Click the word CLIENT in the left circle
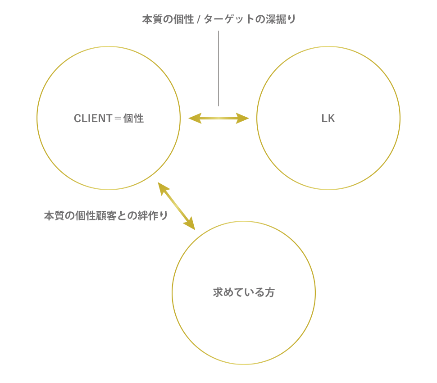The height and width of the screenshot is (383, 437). pos(93,119)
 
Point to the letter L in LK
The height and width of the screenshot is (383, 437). pos(324,119)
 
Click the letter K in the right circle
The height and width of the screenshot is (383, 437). pos(332,119)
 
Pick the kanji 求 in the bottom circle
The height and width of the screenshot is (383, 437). pos(218,292)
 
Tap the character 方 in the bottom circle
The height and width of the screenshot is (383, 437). pos(269,292)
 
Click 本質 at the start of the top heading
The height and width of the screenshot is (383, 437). pos(152,20)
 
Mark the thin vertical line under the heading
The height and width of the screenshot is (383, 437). pos(218,68)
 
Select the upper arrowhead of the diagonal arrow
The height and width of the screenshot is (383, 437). pos(162,187)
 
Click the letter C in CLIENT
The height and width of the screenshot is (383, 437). pos(77,119)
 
